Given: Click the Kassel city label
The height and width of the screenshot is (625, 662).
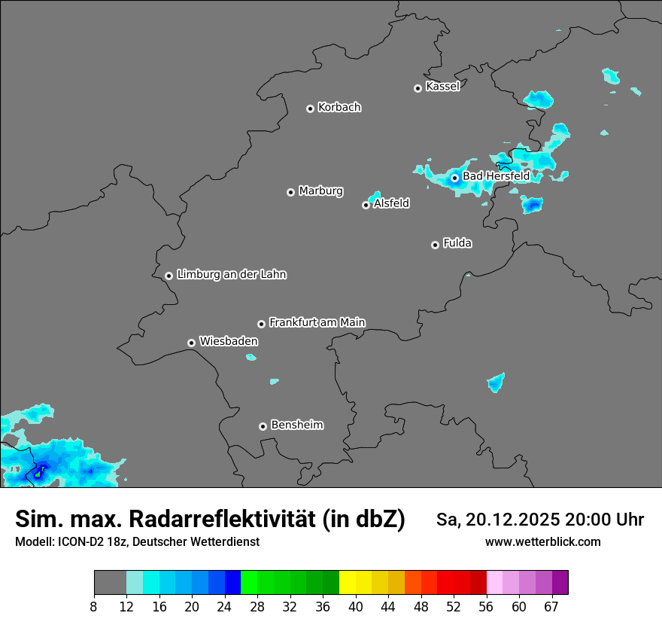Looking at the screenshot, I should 442,87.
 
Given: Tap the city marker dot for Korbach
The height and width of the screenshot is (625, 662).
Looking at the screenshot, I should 310,108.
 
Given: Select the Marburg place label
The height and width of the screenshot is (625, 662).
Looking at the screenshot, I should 320,191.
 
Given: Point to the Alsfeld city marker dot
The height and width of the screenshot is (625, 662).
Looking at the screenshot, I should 366,205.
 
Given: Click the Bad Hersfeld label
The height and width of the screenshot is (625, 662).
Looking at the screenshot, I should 496,176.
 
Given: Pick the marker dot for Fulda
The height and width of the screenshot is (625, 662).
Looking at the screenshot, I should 435,245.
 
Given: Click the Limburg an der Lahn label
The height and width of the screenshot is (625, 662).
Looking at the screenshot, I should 231,275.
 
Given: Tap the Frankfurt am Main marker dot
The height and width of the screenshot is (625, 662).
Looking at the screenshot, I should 261,324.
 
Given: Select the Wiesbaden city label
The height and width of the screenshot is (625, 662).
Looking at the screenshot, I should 228,342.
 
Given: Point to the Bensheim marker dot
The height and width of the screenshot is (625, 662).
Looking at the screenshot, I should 263,426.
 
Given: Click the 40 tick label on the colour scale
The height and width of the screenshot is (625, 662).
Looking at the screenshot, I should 355,607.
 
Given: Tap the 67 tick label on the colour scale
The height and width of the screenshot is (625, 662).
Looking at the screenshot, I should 551,607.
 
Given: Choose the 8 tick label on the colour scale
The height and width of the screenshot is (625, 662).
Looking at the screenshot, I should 93,607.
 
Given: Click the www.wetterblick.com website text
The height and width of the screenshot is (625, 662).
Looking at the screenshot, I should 542,542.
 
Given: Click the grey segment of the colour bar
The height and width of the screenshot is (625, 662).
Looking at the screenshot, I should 110,583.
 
